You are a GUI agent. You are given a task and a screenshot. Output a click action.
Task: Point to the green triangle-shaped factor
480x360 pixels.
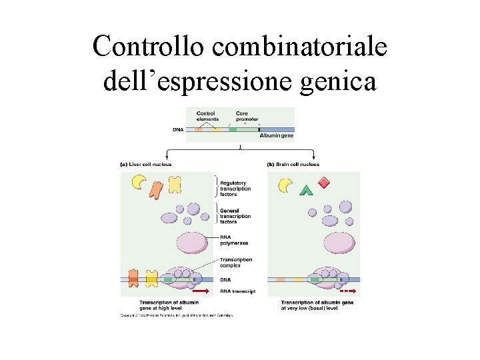tap(306, 191)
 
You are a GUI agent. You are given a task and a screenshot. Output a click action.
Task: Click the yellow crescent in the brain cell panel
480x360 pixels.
tap(285, 185)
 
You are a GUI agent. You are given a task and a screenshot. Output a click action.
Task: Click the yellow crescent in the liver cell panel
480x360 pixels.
tap(139, 181)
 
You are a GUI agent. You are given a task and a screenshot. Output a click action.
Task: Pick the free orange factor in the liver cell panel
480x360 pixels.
tap(157, 190)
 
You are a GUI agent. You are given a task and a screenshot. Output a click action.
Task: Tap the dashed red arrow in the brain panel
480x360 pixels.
tap(347, 291)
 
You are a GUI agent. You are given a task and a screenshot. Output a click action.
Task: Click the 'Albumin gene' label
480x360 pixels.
tap(276, 135)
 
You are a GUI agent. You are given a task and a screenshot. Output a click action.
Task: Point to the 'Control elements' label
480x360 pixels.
tap(207, 116)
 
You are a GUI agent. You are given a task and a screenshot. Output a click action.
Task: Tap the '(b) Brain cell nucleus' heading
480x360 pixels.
tap(293, 164)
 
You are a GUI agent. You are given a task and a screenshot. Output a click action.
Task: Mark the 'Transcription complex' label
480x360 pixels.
tap(236, 262)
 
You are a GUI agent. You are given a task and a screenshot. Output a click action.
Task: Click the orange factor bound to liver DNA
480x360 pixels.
tap(133, 278)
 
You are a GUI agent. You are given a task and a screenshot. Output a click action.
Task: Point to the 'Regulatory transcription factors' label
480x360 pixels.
tap(233, 189)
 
